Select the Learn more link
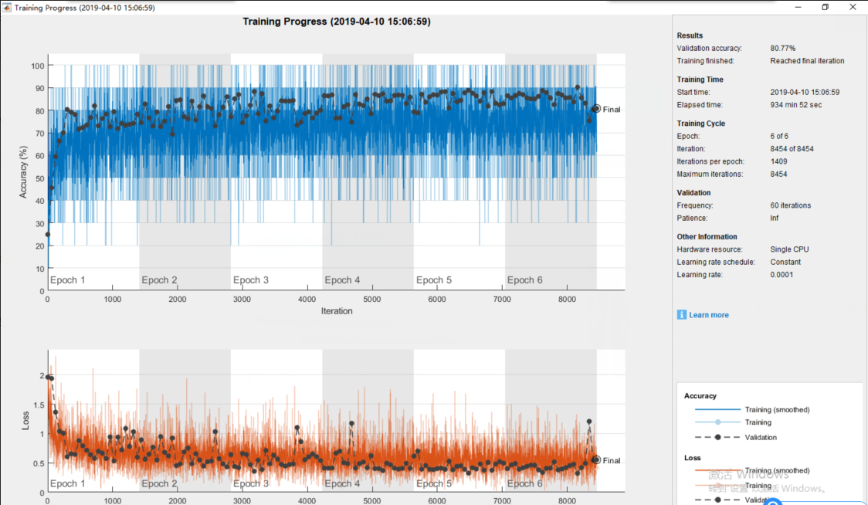pos(708,315)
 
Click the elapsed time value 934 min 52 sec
pos(795,105)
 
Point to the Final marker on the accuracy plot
pos(595,109)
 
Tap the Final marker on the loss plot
pos(595,459)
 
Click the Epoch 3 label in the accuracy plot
pos(251,280)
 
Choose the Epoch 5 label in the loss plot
pos(434,483)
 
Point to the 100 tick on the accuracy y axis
pos(36,66)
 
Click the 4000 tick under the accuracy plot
pos(307,300)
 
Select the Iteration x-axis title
pos(336,311)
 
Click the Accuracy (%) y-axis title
pos(23,172)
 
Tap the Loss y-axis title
pos(25,421)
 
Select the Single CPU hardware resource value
pos(789,249)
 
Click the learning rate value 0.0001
pos(782,275)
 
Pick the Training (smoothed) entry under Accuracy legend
pos(777,410)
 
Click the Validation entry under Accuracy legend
pos(761,437)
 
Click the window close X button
pos(853,7)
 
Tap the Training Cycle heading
pos(700,124)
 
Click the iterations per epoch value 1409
pos(778,161)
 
